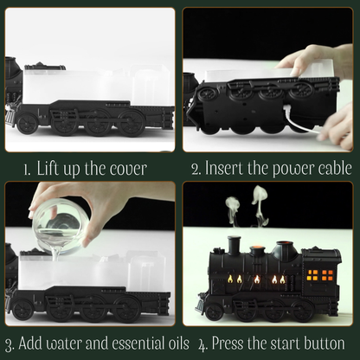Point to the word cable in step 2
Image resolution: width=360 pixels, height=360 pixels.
tap(330, 168)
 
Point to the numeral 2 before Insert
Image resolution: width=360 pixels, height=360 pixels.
tap(196, 168)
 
